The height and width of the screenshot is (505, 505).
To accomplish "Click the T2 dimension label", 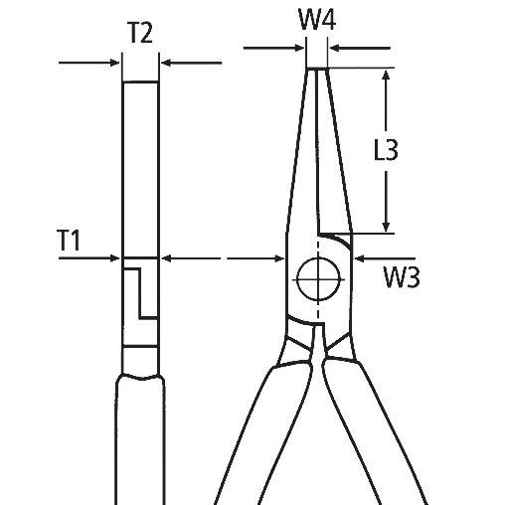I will pos(139,33).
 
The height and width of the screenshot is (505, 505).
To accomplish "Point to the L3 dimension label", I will pos(386,151).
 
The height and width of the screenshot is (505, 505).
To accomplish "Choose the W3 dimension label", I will pos(400,277).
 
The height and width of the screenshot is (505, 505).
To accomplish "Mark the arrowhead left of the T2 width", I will pos(115,63).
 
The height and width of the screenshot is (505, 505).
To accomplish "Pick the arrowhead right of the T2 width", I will pos(165,63).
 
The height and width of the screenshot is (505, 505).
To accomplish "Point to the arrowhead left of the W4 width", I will pos(300,46).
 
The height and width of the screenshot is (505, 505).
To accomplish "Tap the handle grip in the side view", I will pos(140,437).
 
